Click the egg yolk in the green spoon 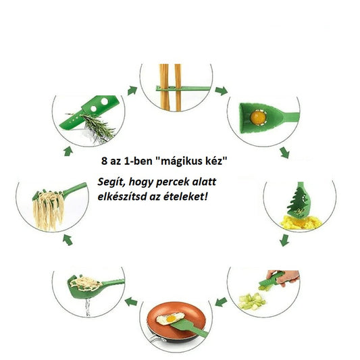pyautogui.click(x=258, y=118)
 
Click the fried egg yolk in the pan pyautogui.click(x=171, y=319)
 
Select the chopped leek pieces pyautogui.click(x=252, y=301)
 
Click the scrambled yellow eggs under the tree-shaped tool pyautogui.click(x=301, y=222)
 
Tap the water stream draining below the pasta pyautogui.click(x=88, y=307)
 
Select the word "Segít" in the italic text pyautogui.click(x=111, y=182)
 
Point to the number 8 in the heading pyautogui.click(x=104, y=161)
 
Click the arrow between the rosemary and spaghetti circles pyautogui.click(x=132, y=91)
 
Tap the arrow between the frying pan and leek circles pyautogui.click(x=222, y=302)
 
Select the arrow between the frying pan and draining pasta pyautogui.click(x=131, y=301)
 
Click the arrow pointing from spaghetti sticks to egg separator pyautogui.click(x=222, y=91)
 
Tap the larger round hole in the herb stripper pyautogui.click(x=105, y=101)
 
